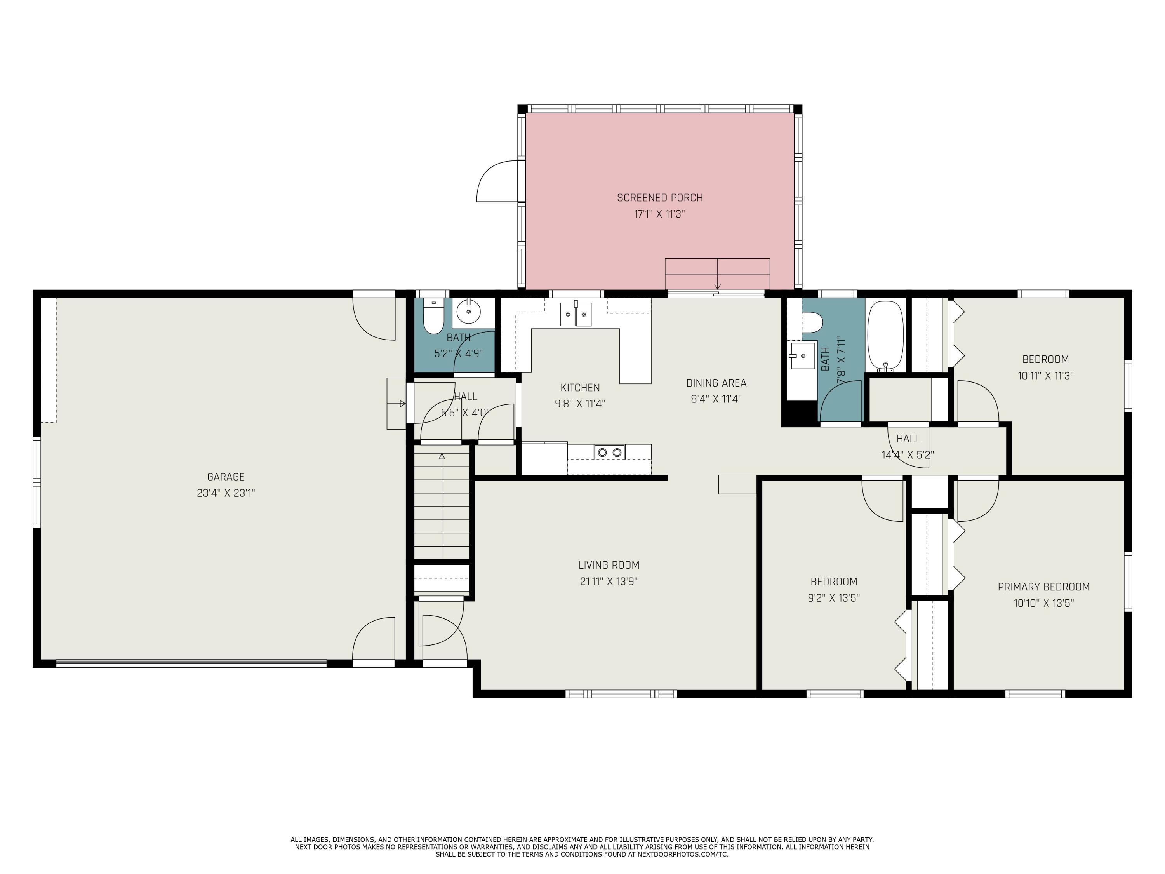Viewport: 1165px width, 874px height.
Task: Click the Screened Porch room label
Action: pos(660,198)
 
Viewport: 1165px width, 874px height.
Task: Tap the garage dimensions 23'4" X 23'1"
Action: pos(226,493)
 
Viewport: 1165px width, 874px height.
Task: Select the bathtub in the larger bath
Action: pos(885,336)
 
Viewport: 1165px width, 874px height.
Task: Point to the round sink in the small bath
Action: pos(469,312)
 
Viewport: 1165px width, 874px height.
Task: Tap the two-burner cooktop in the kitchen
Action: pos(609,452)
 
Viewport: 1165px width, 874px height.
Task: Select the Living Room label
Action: pos(609,565)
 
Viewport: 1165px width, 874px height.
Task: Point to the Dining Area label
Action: pos(716,383)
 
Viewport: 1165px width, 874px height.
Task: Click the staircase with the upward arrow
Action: pos(442,502)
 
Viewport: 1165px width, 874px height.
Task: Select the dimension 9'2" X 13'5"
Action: pos(834,598)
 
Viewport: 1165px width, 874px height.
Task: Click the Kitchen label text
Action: pos(580,388)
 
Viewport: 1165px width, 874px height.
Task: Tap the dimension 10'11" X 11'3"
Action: pos(1045,376)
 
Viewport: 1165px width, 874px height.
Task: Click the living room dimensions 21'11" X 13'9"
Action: pos(609,582)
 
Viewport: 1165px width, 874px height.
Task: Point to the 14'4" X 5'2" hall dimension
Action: pos(908,454)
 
